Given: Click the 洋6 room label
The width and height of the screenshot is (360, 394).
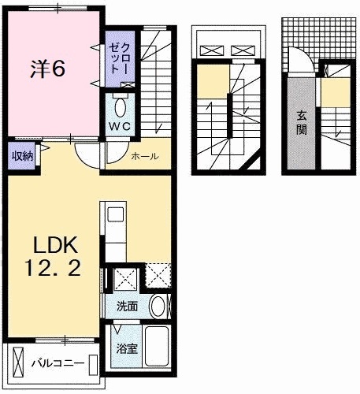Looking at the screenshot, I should (x=50, y=69).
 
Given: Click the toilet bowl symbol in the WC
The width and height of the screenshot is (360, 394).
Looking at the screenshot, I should (x=121, y=106).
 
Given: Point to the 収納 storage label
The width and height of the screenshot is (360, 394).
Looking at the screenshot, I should (x=22, y=155).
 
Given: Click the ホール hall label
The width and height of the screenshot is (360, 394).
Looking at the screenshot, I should (x=145, y=156).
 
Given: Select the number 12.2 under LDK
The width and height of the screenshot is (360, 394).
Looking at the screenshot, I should (x=49, y=270).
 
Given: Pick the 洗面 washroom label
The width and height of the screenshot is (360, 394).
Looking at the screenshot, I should (x=127, y=307).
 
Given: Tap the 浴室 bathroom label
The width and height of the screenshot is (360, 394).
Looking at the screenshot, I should (x=127, y=348).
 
